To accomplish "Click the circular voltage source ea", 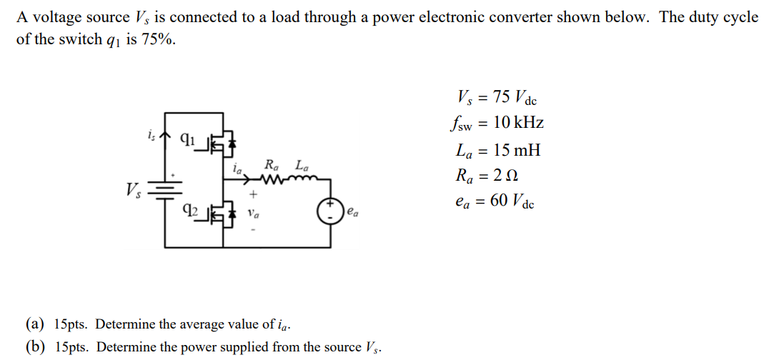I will coord(331,212).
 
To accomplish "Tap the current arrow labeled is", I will coord(165,134).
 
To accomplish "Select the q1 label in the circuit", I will coord(187,139).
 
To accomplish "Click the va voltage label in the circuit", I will coord(253,212).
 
